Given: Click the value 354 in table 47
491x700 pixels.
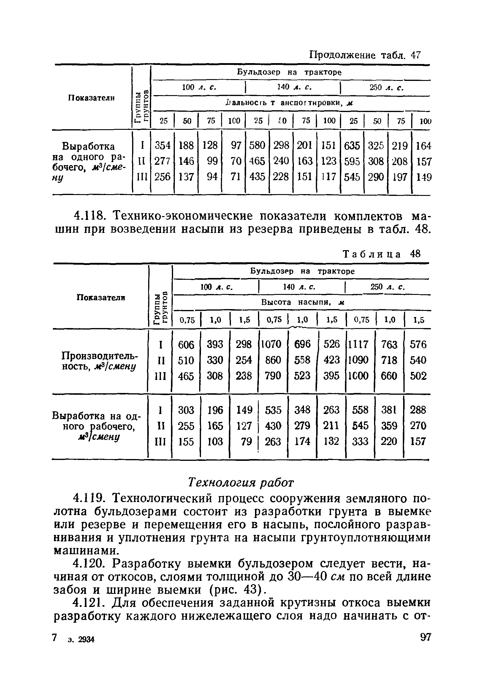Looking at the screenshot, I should (162, 146).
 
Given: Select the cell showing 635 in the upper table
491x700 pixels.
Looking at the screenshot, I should (352, 146).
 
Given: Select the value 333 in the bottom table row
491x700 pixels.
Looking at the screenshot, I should (360, 442).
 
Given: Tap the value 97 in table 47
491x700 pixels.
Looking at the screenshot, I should (236, 146).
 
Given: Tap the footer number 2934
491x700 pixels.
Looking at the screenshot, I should (86, 640).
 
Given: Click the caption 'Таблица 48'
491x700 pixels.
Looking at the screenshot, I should (382, 254).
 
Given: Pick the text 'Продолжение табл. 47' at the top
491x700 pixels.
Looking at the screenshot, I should (365, 55).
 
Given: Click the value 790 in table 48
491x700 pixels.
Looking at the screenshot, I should (273, 375).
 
